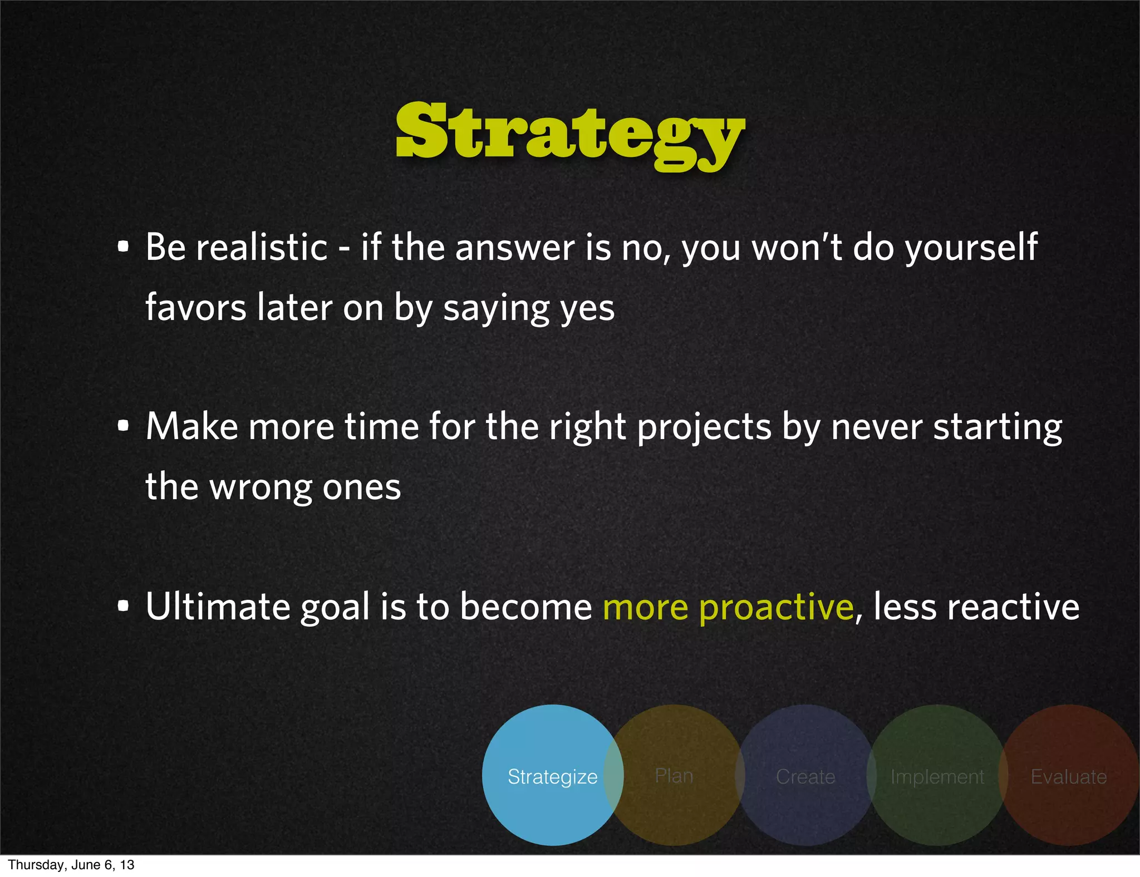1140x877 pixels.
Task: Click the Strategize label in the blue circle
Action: pyautogui.click(x=552, y=776)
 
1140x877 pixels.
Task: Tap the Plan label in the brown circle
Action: pyautogui.click(x=674, y=775)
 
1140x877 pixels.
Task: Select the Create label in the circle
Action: pyautogui.click(x=805, y=776)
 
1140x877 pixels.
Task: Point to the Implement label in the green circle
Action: pyautogui.click(x=937, y=776)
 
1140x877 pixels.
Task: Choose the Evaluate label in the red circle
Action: pyautogui.click(x=1068, y=776)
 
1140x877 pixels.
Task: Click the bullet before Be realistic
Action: pyautogui.click(x=124, y=247)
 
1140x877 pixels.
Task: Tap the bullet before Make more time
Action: pyautogui.click(x=124, y=426)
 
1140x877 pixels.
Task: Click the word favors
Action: pyautogui.click(x=195, y=308)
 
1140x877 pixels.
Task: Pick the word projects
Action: pyautogui.click(x=704, y=427)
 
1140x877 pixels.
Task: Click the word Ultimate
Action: pyautogui.click(x=218, y=607)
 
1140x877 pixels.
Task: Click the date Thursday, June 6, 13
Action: pyautogui.click(x=71, y=865)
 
